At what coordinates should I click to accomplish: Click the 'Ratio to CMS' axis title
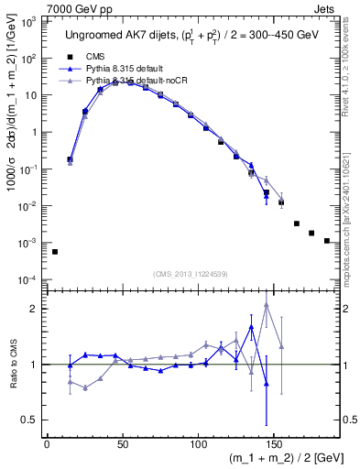(x=12, y=365)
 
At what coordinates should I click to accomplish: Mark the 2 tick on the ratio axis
(x=34, y=309)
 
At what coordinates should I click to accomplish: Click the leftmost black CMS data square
(x=55, y=251)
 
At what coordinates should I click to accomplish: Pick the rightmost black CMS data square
(x=327, y=241)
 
